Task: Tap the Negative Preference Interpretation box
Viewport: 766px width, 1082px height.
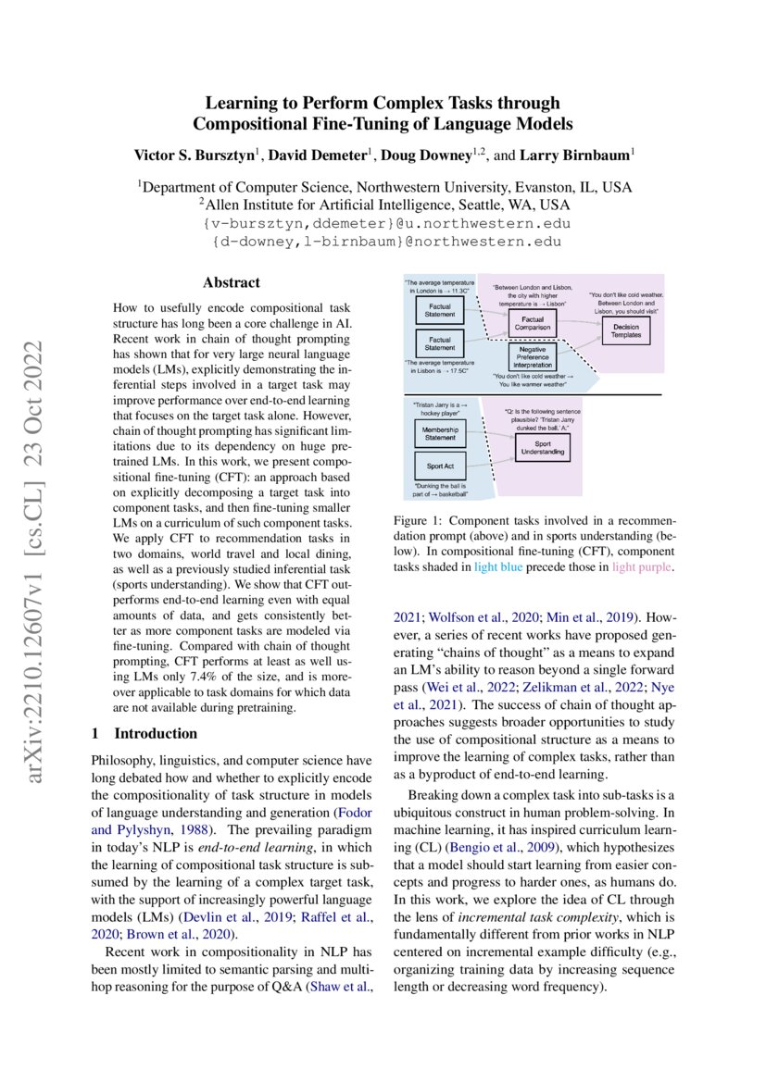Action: (x=532, y=356)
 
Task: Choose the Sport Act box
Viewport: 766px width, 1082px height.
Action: (x=439, y=466)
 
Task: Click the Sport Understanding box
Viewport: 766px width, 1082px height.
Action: (x=543, y=448)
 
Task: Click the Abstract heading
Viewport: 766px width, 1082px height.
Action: (x=232, y=282)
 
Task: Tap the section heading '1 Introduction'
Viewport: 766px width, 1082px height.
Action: (x=144, y=707)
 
